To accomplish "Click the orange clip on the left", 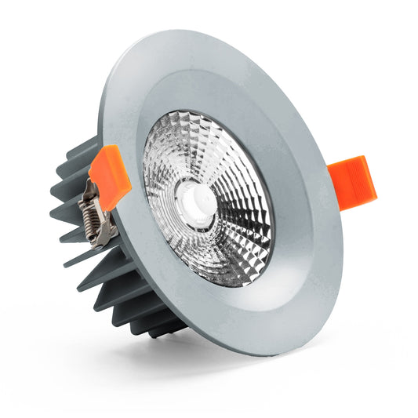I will pos(110,176).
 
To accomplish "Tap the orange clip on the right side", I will pos(352,180).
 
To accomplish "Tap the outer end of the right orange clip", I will pos(371,182).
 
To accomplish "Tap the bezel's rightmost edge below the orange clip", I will pos(342,235).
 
